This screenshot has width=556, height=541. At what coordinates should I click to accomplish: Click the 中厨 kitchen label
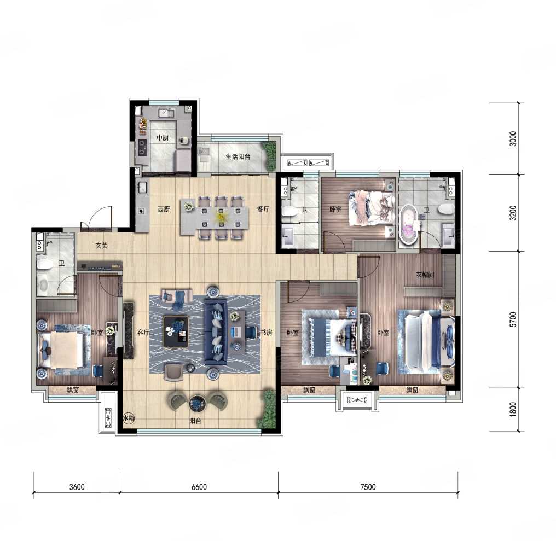click(x=163, y=137)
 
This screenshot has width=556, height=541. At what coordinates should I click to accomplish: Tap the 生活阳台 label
click(x=238, y=156)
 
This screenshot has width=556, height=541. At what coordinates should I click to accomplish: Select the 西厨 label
click(x=164, y=210)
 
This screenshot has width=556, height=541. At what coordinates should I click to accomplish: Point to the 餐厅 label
click(x=263, y=209)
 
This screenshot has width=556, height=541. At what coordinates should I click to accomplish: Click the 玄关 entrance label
click(x=101, y=245)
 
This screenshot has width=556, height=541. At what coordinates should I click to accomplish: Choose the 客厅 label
click(x=143, y=333)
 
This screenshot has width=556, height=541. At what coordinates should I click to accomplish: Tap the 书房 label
click(x=267, y=333)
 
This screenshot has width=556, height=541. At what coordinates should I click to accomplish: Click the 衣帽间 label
click(x=425, y=275)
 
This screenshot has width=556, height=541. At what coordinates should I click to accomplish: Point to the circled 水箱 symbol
click(x=129, y=418)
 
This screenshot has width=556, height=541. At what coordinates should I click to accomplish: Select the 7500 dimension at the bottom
click(x=368, y=487)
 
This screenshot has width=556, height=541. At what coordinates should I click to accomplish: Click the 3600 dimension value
click(x=77, y=487)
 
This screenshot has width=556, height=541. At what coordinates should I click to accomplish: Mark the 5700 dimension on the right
click(x=513, y=319)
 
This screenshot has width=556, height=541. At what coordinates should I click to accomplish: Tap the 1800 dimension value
click(x=513, y=410)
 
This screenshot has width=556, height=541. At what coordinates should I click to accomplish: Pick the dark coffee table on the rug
click(x=176, y=331)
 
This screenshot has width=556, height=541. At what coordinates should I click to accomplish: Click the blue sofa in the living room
click(x=216, y=332)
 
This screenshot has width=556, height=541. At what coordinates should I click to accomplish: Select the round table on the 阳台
click(x=196, y=403)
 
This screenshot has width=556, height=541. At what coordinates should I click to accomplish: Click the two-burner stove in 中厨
click(x=142, y=148)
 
